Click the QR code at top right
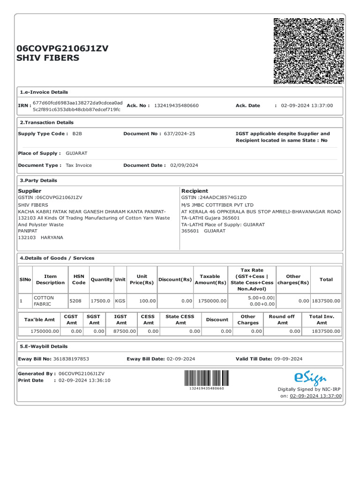point(308,51)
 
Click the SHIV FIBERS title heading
point(48,58)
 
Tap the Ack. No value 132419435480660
point(176,105)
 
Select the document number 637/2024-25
point(180,134)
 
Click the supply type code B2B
point(77,134)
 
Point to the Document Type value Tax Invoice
point(79,165)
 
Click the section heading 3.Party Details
point(38,180)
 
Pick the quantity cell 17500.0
point(101,301)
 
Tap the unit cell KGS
point(120,301)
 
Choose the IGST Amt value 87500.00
point(124,331)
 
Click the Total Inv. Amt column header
point(322,320)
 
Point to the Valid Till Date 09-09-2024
point(288,359)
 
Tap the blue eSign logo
point(310,378)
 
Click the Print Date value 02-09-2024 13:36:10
point(84,380)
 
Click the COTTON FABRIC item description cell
point(44,301)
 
